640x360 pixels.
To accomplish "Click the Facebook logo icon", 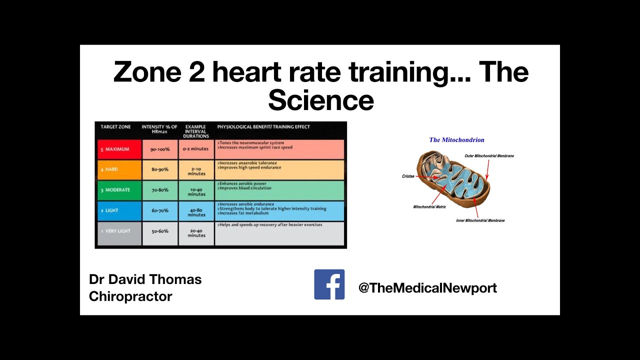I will click(x=329, y=284).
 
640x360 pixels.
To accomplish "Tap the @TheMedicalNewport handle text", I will click(x=427, y=288).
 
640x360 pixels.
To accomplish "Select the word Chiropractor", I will click(x=130, y=296).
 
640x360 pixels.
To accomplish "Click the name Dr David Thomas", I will click(x=145, y=279).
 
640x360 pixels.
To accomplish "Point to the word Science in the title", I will click(x=320, y=100).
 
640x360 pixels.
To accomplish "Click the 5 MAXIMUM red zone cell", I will click(x=119, y=149).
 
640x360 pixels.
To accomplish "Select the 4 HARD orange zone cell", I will click(x=119, y=170).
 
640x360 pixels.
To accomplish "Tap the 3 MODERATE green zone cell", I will click(x=119, y=190).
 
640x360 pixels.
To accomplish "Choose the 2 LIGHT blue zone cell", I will click(x=119, y=211).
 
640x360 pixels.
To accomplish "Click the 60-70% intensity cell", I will click(x=160, y=211).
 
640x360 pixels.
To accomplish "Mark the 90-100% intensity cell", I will click(x=160, y=149).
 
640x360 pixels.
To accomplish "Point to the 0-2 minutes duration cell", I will click(x=196, y=149).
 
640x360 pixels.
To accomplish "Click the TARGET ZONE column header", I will click(x=115, y=127).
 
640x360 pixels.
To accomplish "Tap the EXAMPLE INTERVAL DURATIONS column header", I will click(x=196, y=131).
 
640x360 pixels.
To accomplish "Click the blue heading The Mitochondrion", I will click(x=456, y=140).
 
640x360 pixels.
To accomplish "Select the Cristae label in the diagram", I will click(x=408, y=176).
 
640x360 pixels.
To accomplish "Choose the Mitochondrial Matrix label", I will click(x=429, y=206).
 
